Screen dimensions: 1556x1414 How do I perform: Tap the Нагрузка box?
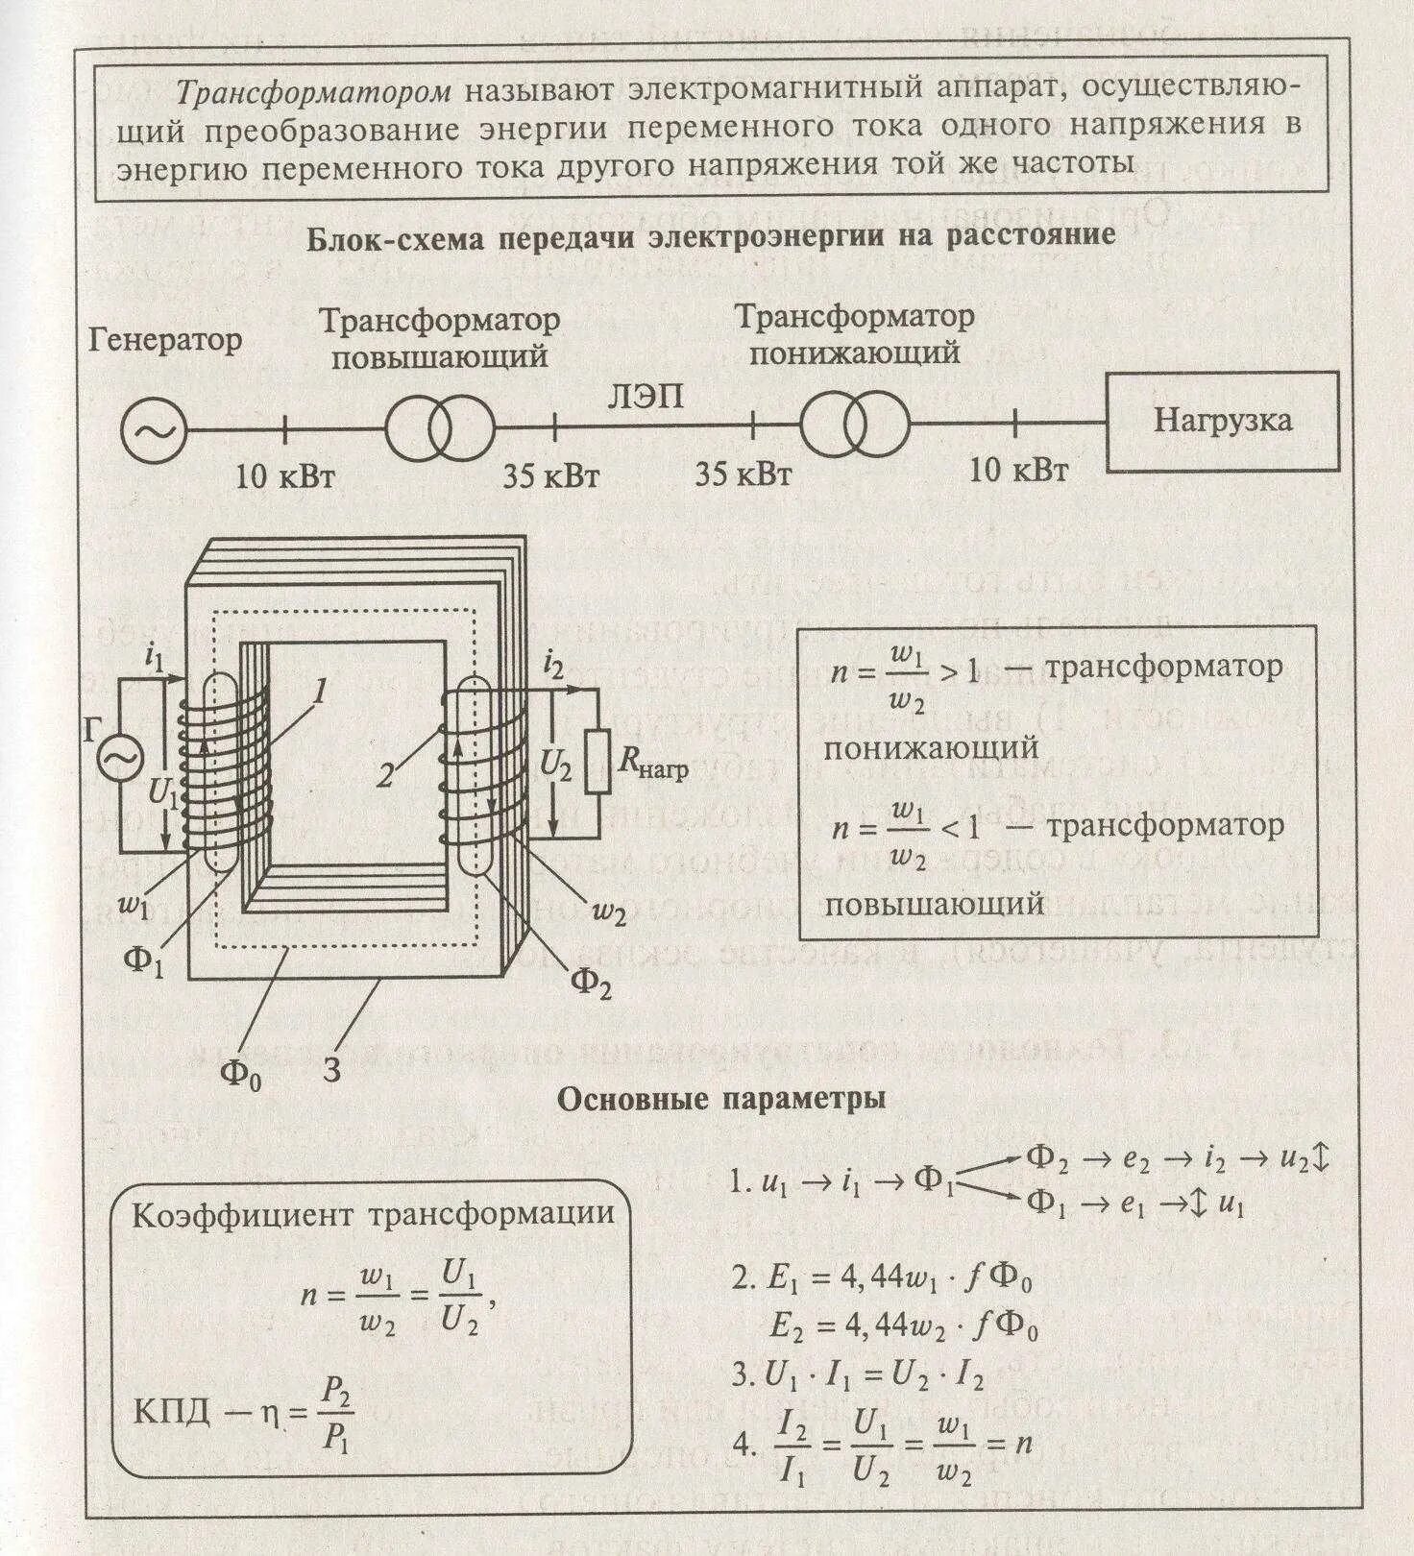coord(1223,422)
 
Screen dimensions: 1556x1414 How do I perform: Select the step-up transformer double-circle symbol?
coord(440,428)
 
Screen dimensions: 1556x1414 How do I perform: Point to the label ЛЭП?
coord(646,396)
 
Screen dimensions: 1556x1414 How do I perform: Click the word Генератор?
coord(165,340)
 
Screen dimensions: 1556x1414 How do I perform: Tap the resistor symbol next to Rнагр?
coord(597,762)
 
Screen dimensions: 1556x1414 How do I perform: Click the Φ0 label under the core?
coord(241,1072)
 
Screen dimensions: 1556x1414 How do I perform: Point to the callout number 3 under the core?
coord(331,1069)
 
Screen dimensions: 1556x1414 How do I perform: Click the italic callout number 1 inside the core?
coord(321,692)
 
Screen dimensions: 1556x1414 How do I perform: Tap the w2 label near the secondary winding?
coord(608,912)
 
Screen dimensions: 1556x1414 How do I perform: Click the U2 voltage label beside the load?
coord(556,766)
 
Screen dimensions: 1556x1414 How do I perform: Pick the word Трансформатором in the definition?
coord(313,92)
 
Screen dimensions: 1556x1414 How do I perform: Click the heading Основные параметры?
coord(721,1099)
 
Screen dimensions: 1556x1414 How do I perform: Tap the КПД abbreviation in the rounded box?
coord(171,1413)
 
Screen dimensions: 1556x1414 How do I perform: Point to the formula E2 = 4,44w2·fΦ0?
coord(903,1326)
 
